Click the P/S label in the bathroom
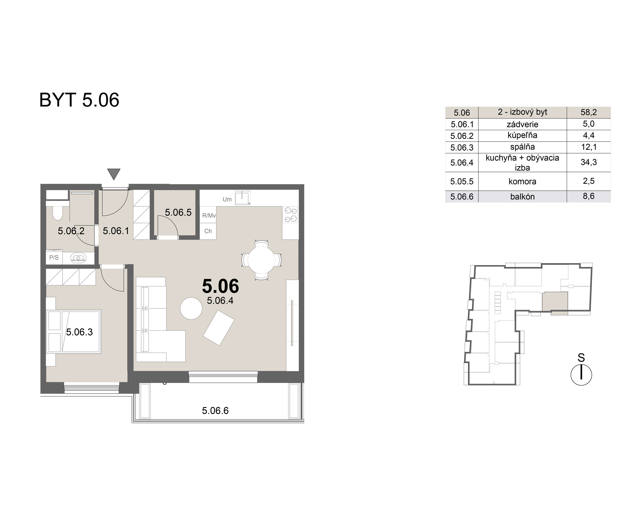(x=54, y=257)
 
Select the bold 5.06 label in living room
(x=220, y=286)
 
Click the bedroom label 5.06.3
(x=80, y=332)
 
